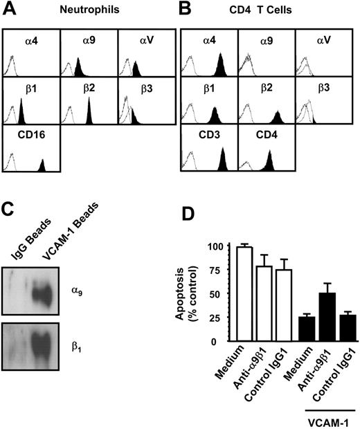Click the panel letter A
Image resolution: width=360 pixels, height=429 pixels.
(x=10, y=10)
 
